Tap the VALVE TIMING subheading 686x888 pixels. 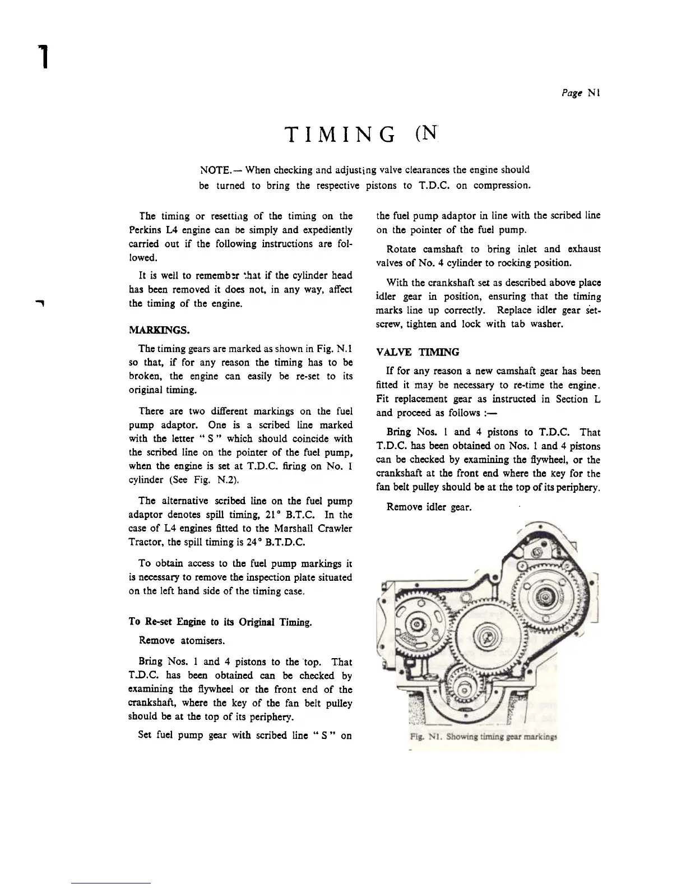(x=418, y=352)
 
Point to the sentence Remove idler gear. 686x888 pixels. (x=429, y=507)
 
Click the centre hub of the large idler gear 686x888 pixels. (x=485, y=635)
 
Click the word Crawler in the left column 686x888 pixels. (x=333, y=528)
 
